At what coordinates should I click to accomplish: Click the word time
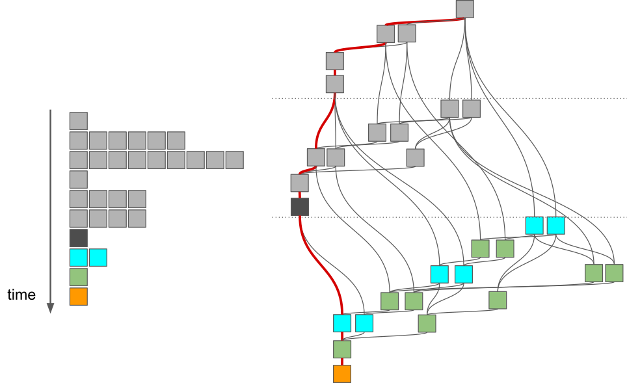21,295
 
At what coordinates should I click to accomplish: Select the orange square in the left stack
78,297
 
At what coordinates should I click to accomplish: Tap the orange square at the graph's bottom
342,374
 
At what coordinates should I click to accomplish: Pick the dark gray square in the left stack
78,238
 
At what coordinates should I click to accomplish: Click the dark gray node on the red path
299,207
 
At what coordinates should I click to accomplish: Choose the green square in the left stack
78,277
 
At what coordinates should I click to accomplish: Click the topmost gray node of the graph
465,9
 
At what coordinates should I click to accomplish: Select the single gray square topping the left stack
78,121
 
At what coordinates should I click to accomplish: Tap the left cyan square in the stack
78,258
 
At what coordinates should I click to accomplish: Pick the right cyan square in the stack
98,258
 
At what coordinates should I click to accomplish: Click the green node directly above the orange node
342,349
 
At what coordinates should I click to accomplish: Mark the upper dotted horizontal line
449,98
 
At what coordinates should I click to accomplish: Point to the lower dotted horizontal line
449,217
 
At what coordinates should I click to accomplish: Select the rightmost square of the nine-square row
235,160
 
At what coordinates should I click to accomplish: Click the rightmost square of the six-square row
176,140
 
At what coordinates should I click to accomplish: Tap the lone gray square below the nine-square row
78,179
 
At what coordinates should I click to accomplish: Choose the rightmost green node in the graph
614,273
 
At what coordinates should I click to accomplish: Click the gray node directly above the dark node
299,183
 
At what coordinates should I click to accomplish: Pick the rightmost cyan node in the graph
556,226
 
